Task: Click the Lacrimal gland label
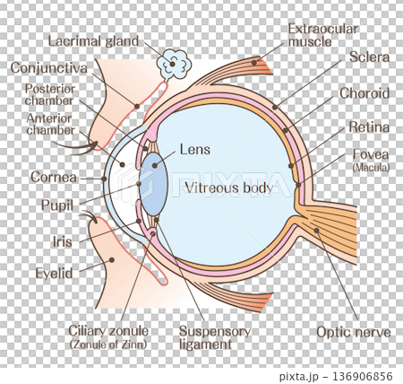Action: (93, 41)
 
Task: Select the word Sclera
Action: (369, 57)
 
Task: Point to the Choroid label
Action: (364, 93)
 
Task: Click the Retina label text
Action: (369, 127)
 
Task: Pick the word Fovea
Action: (371, 154)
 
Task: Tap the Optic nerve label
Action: (354, 332)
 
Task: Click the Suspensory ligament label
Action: (215, 337)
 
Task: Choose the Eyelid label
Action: (54, 274)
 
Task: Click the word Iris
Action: (63, 241)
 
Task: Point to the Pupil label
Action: (57, 205)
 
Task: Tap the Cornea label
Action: (54, 178)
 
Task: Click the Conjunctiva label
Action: (49, 68)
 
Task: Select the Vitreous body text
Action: (229, 188)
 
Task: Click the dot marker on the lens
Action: (154, 165)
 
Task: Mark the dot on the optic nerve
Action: (316, 230)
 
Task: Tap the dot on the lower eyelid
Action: (112, 260)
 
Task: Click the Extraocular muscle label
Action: (323, 35)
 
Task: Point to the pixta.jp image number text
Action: (336, 376)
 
